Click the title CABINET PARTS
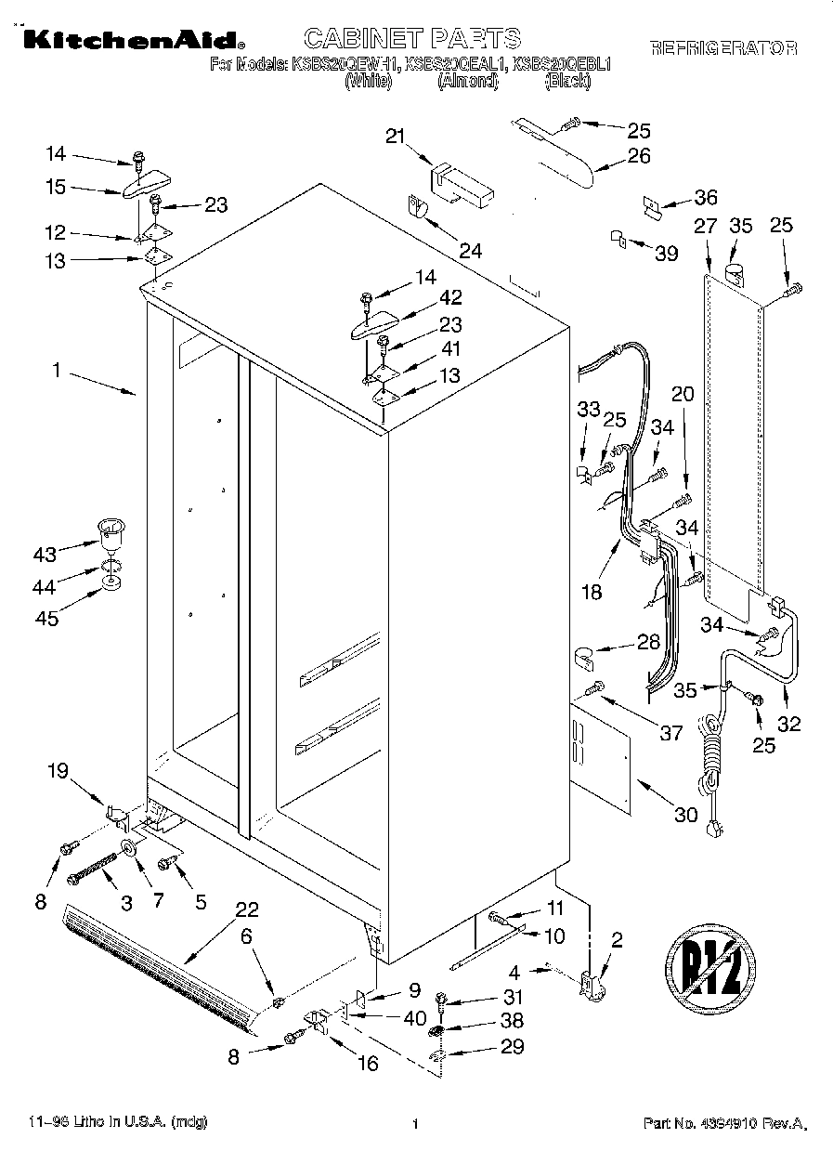pyautogui.click(x=412, y=38)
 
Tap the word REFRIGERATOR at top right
pyautogui.click(x=722, y=47)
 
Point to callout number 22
pyautogui.click(x=246, y=910)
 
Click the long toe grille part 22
pyautogui.click(x=158, y=966)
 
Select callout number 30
pyautogui.click(x=685, y=815)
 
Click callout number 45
pyautogui.click(x=46, y=618)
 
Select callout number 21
pyautogui.click(x=397, y=137)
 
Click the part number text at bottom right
pyautogui.click(x=723, y=1124)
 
